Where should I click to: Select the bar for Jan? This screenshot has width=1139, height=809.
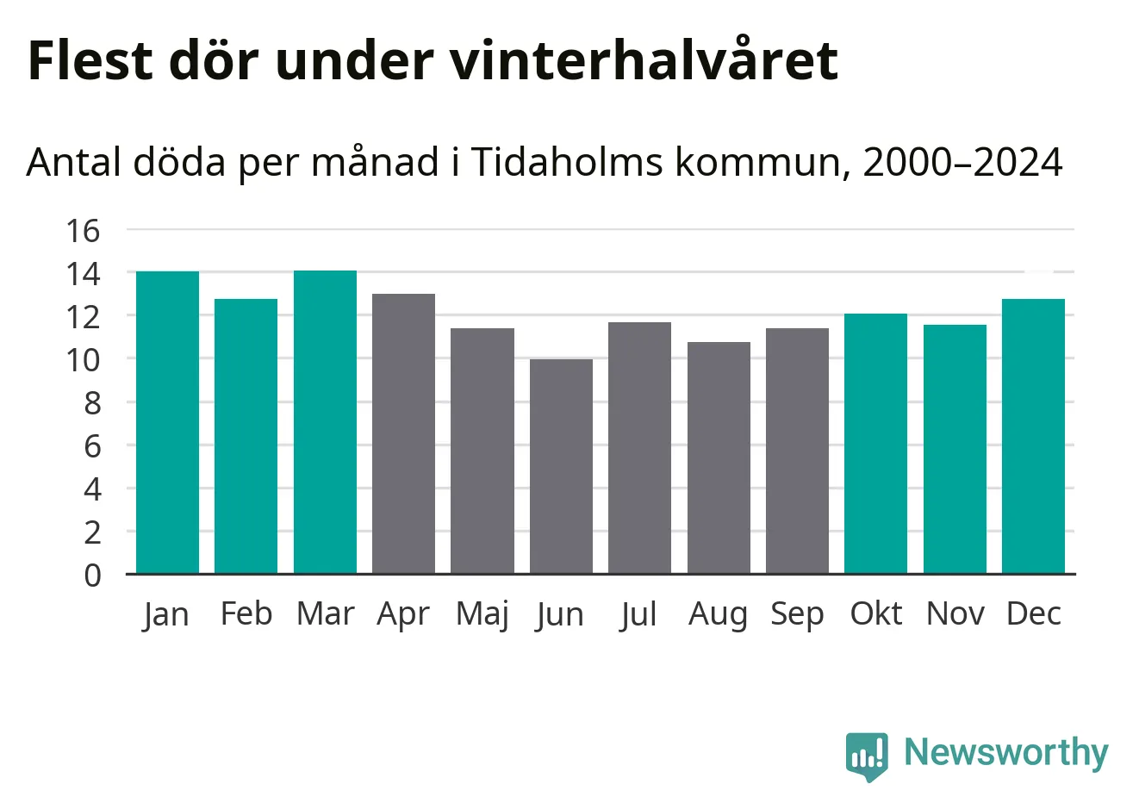click(x=167, y=422)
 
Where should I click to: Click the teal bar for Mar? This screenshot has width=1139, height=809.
click(x=325, y=422)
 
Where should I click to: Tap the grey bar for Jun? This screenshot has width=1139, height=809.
click(x=561, y=466)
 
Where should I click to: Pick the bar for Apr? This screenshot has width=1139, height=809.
click(x=403, y=433)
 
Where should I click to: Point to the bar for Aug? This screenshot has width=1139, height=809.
click(x=719, y=457)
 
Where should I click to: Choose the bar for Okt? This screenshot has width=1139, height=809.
click(x=875, y=444)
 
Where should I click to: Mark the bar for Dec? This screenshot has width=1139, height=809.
click(x=1033, y=436)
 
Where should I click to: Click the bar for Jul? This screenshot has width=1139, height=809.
click(x=639, y=448)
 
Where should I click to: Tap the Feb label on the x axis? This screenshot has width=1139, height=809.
click(x=246, y=613)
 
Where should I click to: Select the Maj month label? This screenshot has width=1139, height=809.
click(x=482, y=614)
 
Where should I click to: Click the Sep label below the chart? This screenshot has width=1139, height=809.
click(x=797, y=614)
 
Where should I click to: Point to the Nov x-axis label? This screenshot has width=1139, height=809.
click(x=955, y=613)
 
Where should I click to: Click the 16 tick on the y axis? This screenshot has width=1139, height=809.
click(x=84, y=230)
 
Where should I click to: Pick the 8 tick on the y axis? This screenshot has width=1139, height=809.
click(x=92, y=402)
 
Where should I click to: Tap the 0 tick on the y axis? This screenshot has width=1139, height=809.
click(x=92, y=575)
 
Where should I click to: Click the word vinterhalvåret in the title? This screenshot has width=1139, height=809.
click(x=643, y=60)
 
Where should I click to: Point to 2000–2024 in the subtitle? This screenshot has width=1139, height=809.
click(x=962, y=162)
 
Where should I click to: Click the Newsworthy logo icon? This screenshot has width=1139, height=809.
click(x=866, y=756)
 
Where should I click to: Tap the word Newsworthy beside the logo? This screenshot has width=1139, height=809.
click(x=1005, y=752)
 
